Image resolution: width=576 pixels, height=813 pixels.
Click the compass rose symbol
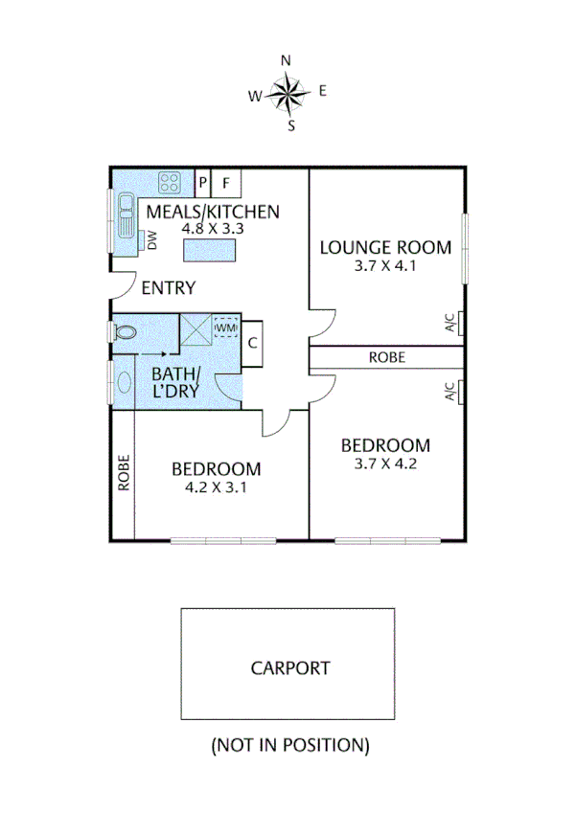(x=288, y=92)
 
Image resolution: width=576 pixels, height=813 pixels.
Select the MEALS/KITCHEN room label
(x=212, y=212)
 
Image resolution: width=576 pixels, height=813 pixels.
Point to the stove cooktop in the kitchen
(x=172, y=182)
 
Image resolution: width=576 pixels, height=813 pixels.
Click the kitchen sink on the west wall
(x=125, y=216)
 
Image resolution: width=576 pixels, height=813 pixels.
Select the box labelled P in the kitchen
(x=202, y=182)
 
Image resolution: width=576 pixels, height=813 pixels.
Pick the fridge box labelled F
(x=227, y=182)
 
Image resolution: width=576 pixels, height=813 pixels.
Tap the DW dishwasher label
(x=151, y=241)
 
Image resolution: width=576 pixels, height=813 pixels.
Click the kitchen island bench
(x=210, y=250)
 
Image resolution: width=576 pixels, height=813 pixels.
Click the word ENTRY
(x=169, y=287)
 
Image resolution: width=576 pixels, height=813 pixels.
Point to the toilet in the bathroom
(x=124, y=333)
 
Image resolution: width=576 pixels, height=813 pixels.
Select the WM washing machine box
(x=226, y=328)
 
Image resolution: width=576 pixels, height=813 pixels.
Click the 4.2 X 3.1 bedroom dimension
(x=216, y=487)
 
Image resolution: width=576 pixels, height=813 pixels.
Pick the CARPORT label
(x=290, y=668)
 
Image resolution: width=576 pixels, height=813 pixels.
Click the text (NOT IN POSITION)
(x=289, y=744)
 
